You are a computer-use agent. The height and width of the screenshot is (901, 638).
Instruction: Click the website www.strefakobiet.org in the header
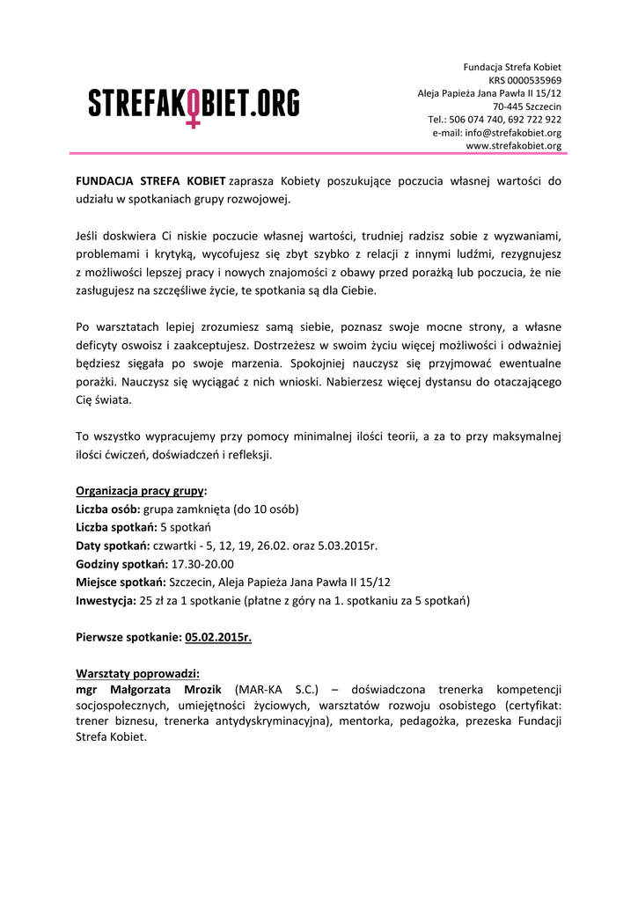coord(513,146)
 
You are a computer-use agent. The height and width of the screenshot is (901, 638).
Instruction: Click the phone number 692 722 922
coord(534,120)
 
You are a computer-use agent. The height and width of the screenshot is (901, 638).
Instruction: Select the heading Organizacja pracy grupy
coord(141,491)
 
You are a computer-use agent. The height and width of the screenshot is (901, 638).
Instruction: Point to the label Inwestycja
coord(106,602)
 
